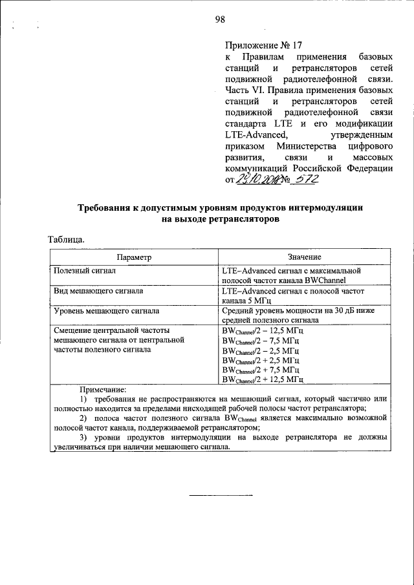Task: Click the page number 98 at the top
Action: pyautogui.click(x=219, y=19)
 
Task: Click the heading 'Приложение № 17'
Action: pyautogui.click(x=263, y=46)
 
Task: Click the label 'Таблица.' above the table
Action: pyautogui.click(x=66, y=240)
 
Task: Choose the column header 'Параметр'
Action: pyautogui.click(x=134, y=257)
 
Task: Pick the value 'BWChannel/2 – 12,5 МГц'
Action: pyautogui.click(x=261, y=330)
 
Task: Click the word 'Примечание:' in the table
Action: pyautogui.click(x=103, y=390)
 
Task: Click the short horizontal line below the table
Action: pyautogui.click(x=219, y=495)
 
